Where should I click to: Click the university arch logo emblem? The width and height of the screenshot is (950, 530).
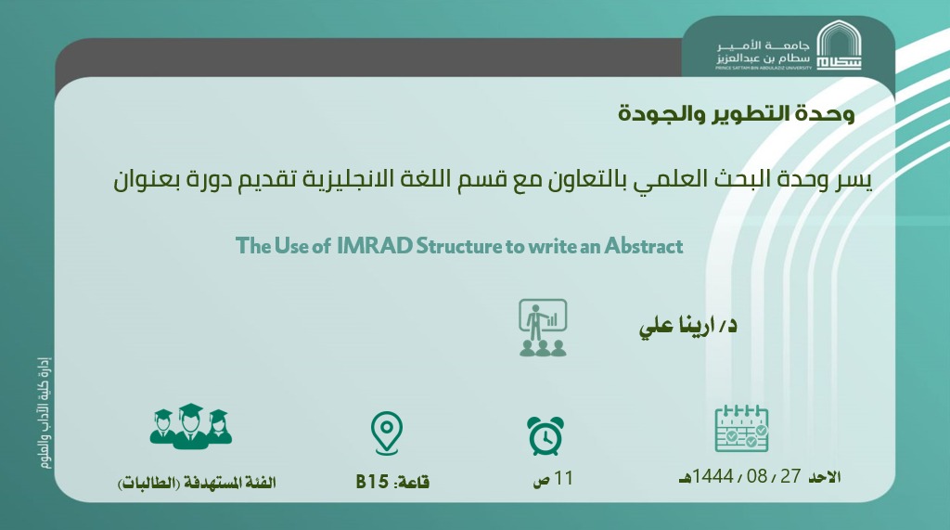pyautogui.click(x=839, y=45)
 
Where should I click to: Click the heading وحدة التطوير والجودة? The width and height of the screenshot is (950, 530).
pyautogui.click(x=736, y=113)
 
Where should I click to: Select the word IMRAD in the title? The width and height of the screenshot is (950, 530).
pyautogui.click(x=375, y=246)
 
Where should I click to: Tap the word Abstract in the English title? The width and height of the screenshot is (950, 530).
pyautogui.click(x=644, y=246)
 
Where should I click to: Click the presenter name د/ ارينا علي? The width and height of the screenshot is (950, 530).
pyautogui.click(x=688, y=326)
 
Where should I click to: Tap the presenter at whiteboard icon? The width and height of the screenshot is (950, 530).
pyautogui.click(x=543, y=328)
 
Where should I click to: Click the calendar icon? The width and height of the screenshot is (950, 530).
pyautogui.click(x=741, y=428)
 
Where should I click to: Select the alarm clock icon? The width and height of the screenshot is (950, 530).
pyautogui.click(x=546, y=435)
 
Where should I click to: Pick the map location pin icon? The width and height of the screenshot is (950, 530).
pyautogui.click(x=387, y=433)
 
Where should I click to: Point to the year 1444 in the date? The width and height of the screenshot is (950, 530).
pyautogui.click(x=713, y=476)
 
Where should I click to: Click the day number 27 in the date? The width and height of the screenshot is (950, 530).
pyautogui.click(x=790, y=476)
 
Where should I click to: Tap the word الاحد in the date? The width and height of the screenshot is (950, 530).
pyautogui.click(x=825, y=477)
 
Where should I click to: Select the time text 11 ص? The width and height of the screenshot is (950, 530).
pyautogui.click(x=553, y=478)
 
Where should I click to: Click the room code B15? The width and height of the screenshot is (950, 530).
pyautogui.click(x=372, y=482)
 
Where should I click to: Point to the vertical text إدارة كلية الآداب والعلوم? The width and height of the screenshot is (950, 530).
pyautogui.click(x=45, y=413)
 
